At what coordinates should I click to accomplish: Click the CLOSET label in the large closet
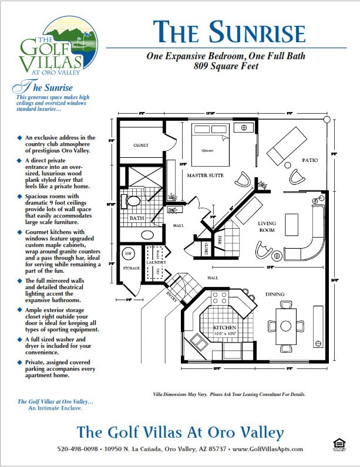point(141,145)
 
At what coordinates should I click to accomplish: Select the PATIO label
point(310,160)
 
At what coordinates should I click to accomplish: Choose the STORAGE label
point(132,268)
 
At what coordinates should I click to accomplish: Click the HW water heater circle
point(128,253)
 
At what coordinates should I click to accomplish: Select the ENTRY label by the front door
point(171,293)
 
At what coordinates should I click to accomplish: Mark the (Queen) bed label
point(207,150)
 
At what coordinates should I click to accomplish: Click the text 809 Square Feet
point(226,66)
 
